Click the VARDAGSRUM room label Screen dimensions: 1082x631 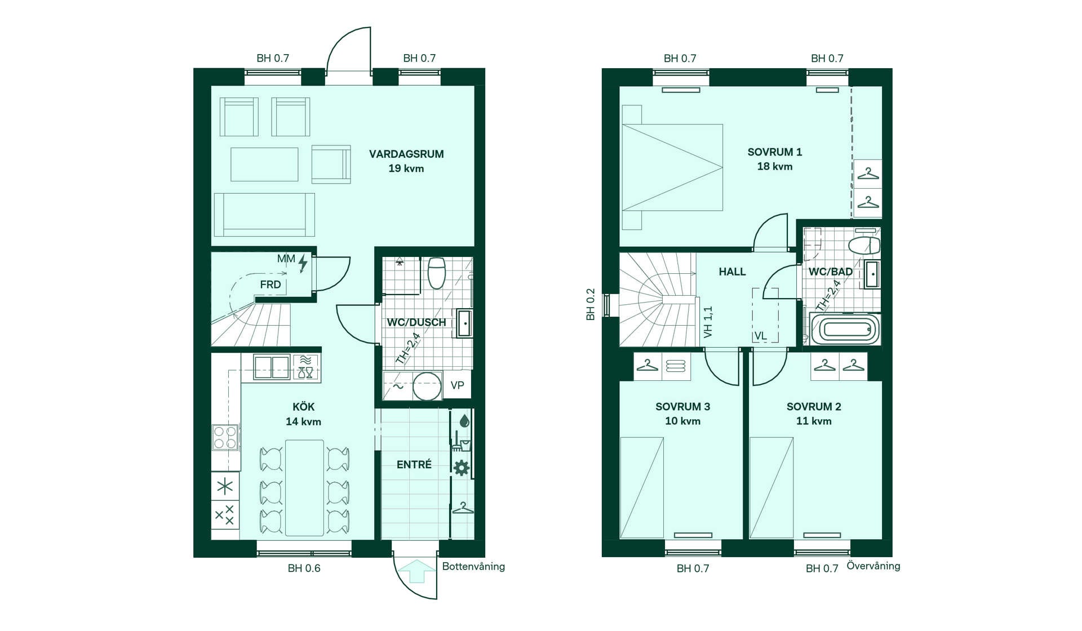(406, 154)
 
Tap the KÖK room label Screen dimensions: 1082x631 (303, 406)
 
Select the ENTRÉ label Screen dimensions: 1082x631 (414, 464)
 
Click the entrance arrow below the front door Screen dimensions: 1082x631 (416, 571)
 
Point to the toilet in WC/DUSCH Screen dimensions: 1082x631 (437, 273)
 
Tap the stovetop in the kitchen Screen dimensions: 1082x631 (225, 437)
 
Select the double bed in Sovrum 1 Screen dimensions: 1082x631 (672, 167)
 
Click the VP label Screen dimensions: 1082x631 (458, 385)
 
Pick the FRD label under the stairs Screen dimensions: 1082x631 (270, 285)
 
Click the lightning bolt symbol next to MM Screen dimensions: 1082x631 (303, 263)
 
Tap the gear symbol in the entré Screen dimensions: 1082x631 (462, 468)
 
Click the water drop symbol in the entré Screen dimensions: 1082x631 (464, 421)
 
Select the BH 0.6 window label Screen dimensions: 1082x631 (304, 568)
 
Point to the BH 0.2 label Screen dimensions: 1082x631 (591, 305)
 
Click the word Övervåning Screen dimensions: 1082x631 (873, 566)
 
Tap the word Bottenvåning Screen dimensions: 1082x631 (473, 567)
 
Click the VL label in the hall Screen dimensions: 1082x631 (761, 336)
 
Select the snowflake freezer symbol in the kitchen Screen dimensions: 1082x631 (225, 486)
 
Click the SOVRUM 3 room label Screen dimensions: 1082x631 (682, 406)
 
